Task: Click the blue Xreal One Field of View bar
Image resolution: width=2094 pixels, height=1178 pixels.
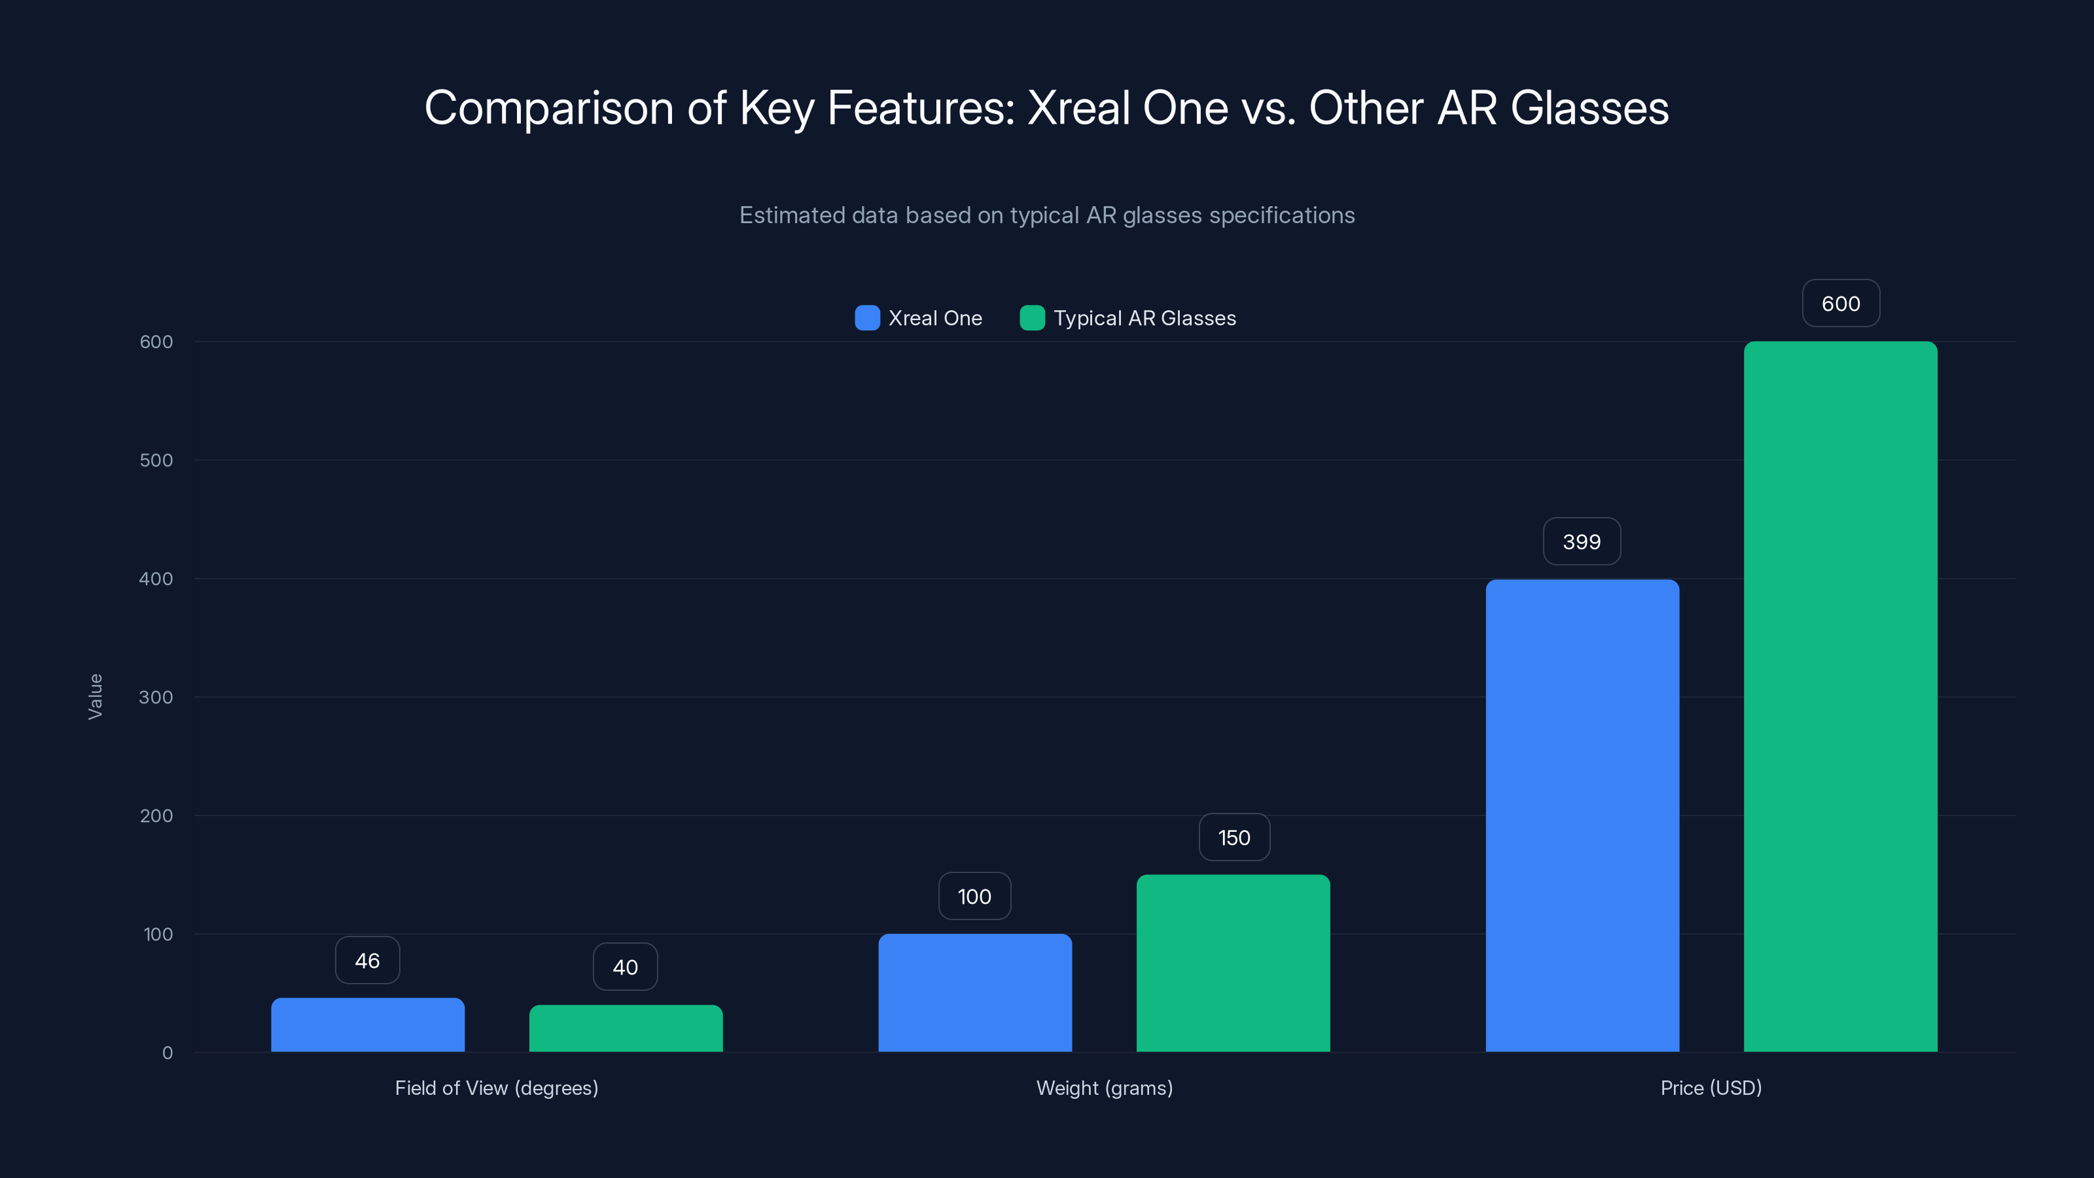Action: (367, 1024)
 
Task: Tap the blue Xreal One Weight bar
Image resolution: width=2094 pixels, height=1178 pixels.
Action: (974, 993)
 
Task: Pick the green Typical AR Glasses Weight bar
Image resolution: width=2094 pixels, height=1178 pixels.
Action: (1232, 963)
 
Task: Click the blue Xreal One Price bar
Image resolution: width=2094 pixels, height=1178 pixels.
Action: (1582, 815)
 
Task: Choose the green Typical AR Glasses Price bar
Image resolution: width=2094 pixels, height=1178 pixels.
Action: (1839, 697)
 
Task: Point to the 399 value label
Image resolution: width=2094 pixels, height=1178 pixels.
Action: (1581, 541)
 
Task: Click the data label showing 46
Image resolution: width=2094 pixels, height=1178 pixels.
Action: (367, 960)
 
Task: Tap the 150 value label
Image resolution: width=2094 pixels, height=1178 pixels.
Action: (1233, 838)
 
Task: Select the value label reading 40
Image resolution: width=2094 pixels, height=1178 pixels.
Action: (625, 967)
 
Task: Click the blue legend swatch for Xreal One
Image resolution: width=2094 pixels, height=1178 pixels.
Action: (867, 318)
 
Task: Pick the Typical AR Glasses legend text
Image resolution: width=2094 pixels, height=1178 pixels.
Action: (1144, 318)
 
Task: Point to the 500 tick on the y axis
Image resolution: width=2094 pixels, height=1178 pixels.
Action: (156, 460)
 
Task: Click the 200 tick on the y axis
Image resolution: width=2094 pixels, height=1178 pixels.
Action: (156, 815)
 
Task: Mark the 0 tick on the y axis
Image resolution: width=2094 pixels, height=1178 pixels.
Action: (167, 1053)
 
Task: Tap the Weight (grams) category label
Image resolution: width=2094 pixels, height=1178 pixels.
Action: (1104, 1088)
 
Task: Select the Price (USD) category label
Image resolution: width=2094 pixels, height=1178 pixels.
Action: (1711, 1088)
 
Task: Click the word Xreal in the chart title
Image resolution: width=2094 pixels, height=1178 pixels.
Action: (1078, 107)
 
